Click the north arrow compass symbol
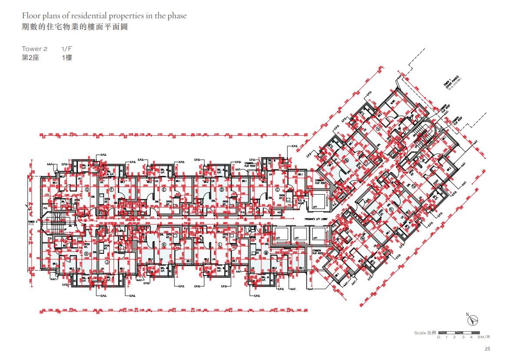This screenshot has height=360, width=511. point(473,320)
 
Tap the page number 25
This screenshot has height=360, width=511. point(487,349)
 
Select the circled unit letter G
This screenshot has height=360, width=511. point(87,190)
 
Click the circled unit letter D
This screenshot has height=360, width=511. point(222,190)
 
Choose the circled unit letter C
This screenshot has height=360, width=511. point(277,190)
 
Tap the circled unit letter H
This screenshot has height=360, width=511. point(86,253)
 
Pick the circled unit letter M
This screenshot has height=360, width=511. point(265,252)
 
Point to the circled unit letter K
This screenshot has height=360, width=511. point(164,245)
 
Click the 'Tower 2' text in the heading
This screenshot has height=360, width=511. point(34,49)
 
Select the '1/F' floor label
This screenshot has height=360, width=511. point(67,49)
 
